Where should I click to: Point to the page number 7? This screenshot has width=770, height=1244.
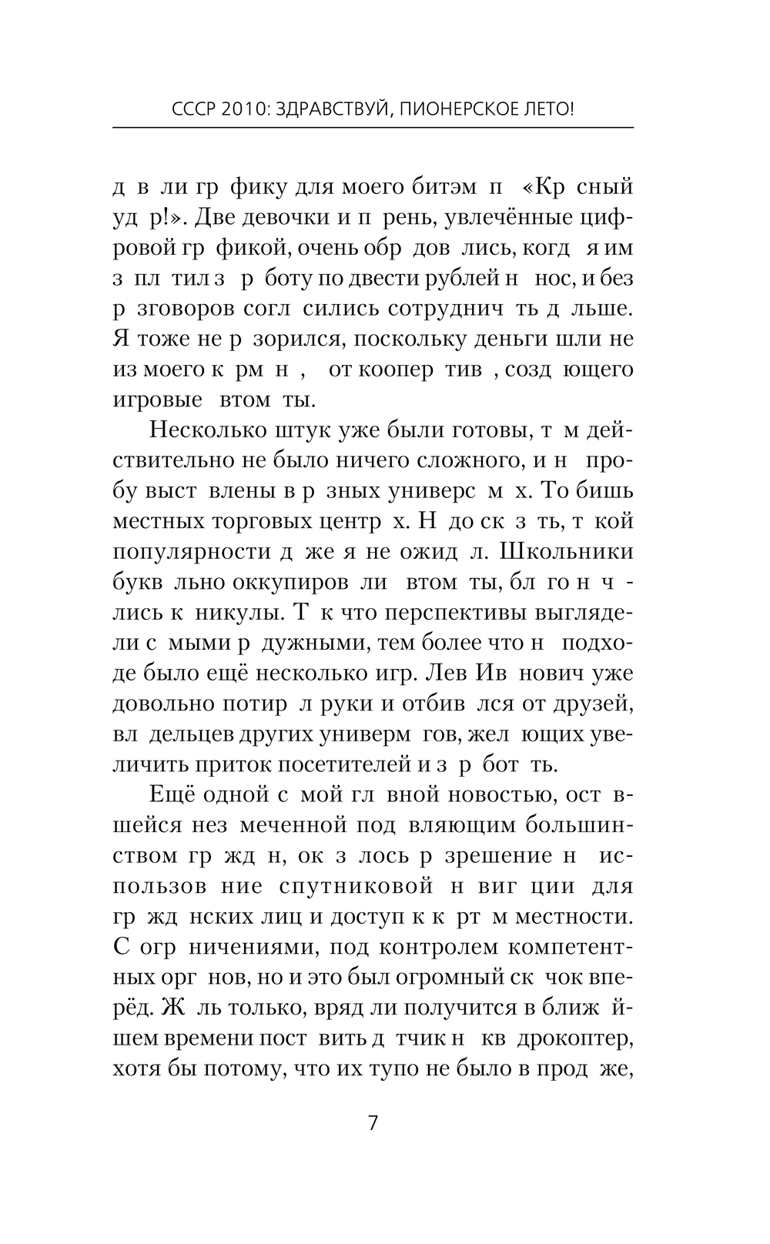click(x=373, y=1123)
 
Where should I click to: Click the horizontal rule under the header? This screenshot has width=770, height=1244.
click(x=373, y=127)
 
